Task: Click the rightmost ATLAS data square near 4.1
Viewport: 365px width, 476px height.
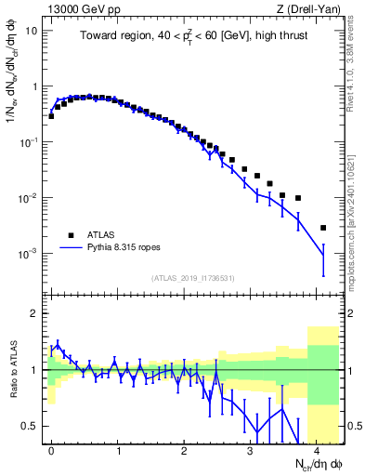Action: (x=322, y=228)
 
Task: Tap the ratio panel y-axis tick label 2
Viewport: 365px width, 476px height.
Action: (x=33, y=313)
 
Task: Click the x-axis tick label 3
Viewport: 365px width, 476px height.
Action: (x=251, y=449)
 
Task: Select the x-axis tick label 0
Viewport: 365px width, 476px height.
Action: (x=51, y=449)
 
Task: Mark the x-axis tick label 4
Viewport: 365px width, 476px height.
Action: (x=317, y=449)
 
